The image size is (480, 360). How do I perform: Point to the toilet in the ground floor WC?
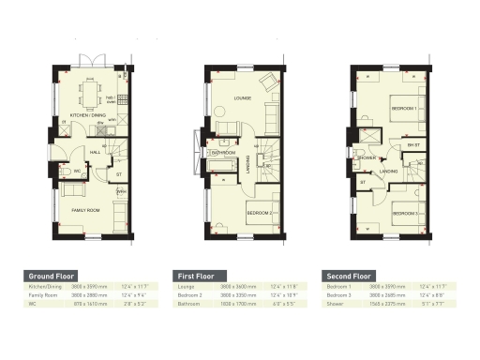(65, 172)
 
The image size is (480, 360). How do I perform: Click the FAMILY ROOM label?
(86, 210)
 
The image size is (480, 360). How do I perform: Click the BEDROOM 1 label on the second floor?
(404, 109)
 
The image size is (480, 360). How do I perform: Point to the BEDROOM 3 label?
(404, 214)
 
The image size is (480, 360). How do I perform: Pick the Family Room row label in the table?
(43, 295)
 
